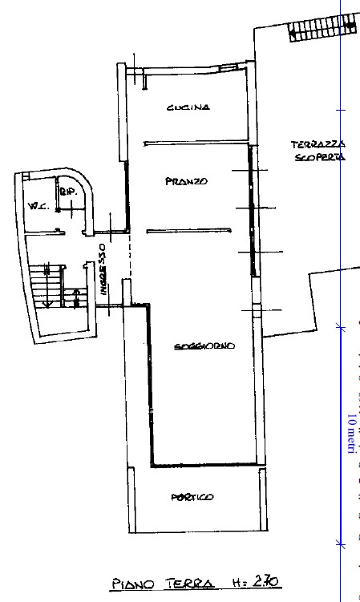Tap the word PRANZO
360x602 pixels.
(186, 181)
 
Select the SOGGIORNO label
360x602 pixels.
(204, 347)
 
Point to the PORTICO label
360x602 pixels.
(192, 498)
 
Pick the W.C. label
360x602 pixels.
(37, 207)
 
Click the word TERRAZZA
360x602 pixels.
(318, 144)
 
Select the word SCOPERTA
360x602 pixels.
(318, 158)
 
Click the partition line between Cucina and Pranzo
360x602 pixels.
(192, 144)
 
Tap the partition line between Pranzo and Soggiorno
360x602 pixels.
(189, 232)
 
